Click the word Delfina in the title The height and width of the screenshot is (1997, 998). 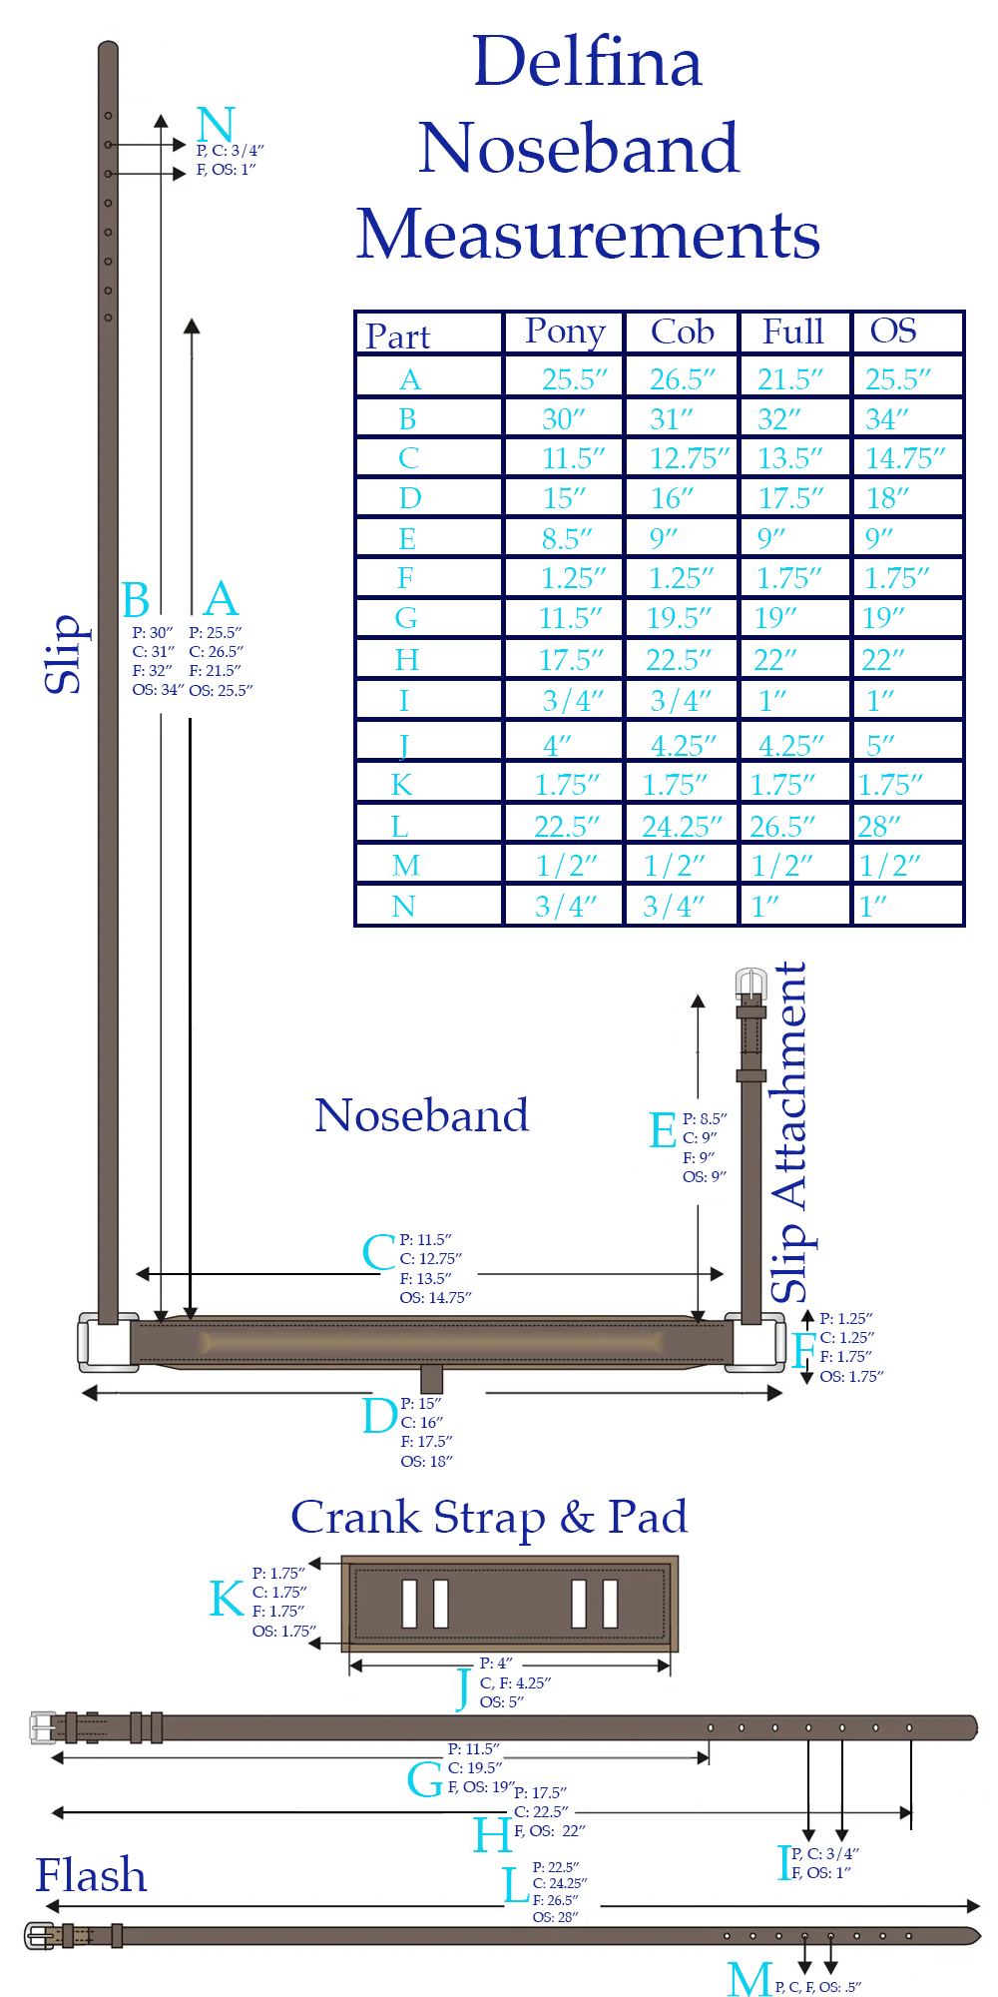[x=587, y=62]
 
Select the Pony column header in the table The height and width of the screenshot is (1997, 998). [x=565, y=332]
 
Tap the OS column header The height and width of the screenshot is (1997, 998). [x=893, y=332]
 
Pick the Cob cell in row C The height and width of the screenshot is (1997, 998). [x=689, y=458]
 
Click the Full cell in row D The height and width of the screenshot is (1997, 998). [x=790, y=498]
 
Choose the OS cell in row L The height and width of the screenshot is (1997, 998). [x=879, y=827]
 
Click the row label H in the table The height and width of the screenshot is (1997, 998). [x=406, y=660]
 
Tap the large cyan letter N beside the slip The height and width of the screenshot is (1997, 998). [x=216, y=125]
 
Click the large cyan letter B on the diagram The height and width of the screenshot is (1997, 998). [x=136, y=601]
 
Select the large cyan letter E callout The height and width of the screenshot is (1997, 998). [x=663, y=1131]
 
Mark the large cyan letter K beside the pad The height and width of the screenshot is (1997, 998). [x=226, y=1599]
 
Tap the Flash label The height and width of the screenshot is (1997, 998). [x=91, y=1875]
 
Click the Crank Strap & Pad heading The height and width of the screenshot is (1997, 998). [x=489, y=1518]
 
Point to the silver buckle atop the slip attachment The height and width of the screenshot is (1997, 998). [x=750, y=985]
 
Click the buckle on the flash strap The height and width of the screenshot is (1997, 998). [x=41, y=1936]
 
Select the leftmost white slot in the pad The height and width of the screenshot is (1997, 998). [x=409, y=1604]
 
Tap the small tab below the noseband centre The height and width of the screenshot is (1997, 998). [x=431, y=1379]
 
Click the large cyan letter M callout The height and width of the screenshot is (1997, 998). [x=749, y=1979]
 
